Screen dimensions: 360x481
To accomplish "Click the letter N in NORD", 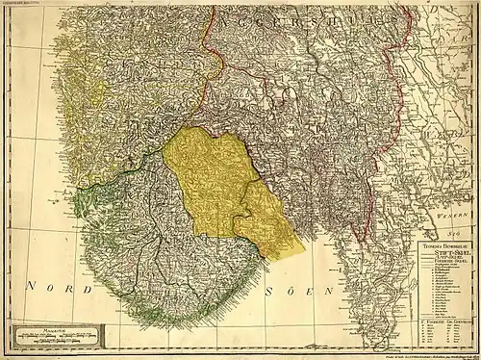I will click(33, 287).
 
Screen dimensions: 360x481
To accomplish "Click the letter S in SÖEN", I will click(274, 288).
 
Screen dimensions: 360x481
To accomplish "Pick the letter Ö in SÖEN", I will click(293, 287).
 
